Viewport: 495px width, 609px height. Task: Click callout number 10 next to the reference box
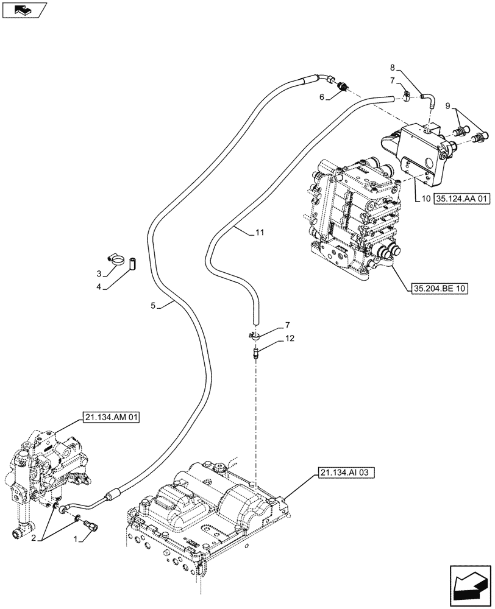pyautogui.click(x=426, y=199)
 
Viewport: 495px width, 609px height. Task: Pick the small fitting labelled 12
pyautogui.click(x=257, y=353)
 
